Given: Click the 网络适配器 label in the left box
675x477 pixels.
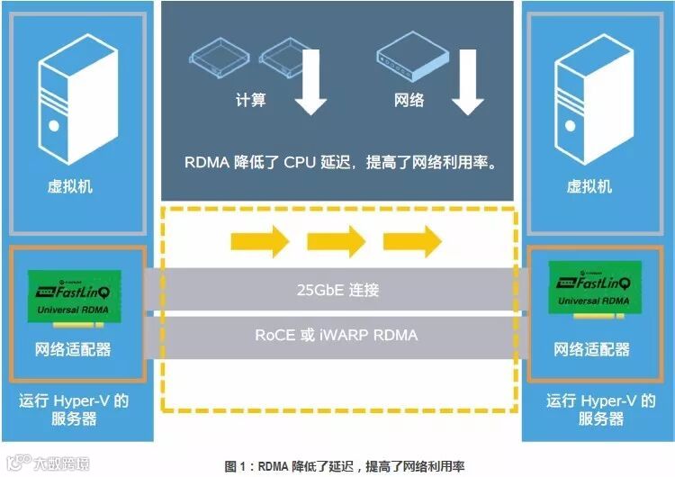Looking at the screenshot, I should point(73,348).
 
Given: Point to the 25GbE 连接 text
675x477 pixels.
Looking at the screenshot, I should point(337,290).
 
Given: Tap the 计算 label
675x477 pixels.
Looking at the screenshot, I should point(251,100).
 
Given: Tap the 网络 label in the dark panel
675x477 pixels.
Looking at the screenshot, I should point(409,100).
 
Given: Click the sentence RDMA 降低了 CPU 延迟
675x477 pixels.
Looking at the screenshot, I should point(340,163).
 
